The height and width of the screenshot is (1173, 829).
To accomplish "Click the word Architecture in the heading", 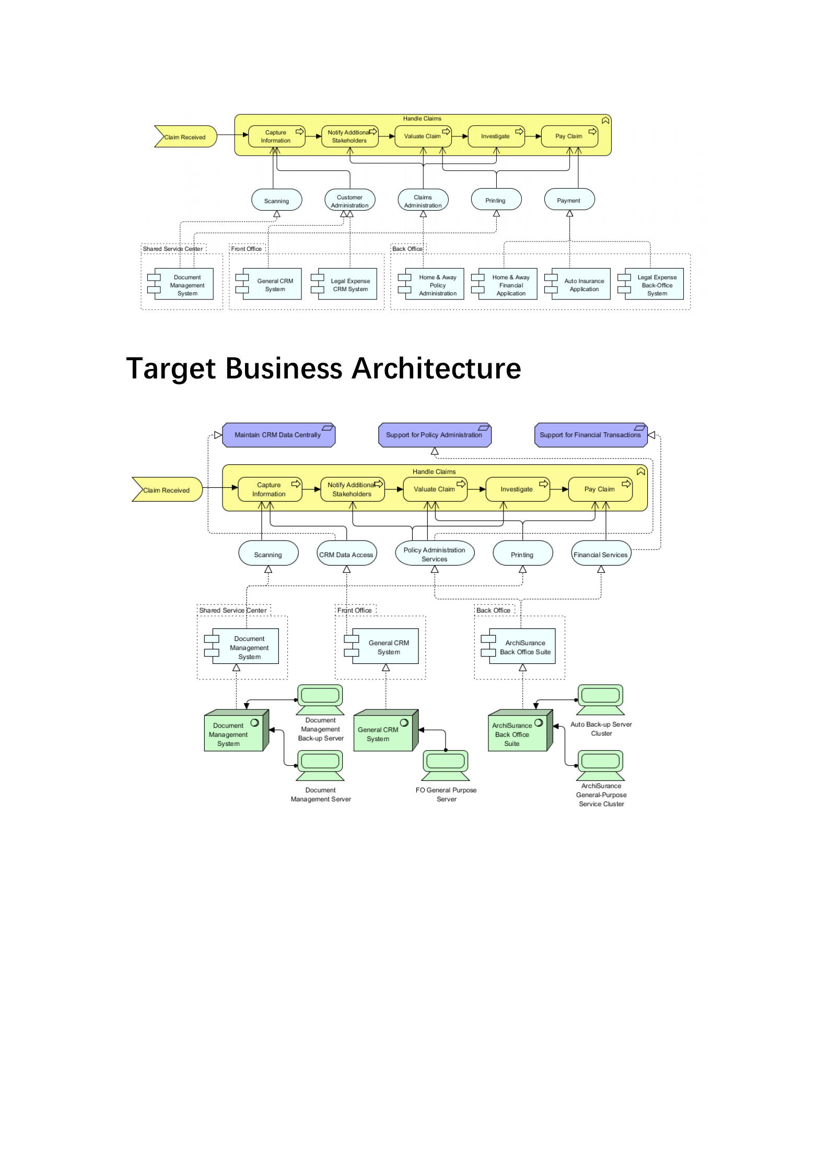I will click(x=436, y=369).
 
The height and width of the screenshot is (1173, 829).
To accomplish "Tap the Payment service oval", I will click(x=569, y=200).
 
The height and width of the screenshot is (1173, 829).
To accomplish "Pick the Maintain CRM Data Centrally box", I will click(x=278, y=435).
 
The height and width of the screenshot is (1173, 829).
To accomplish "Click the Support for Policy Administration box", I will click(x=434, y=435).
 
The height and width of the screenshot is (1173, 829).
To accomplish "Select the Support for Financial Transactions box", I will click(x=590, y=435).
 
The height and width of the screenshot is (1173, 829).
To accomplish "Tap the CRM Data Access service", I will click(x=346, y=554).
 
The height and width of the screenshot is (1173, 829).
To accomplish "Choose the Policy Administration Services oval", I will click(x=434, y=554).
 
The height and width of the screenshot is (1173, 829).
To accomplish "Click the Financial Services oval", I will click(x=601, y=554).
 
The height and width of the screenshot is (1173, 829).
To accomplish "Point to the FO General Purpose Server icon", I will click(x=446, y=765).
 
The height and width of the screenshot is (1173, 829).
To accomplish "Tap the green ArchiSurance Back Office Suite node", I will click(x=519, y=731).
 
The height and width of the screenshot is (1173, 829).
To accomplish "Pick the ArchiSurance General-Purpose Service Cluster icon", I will click(x=600, y=765).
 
